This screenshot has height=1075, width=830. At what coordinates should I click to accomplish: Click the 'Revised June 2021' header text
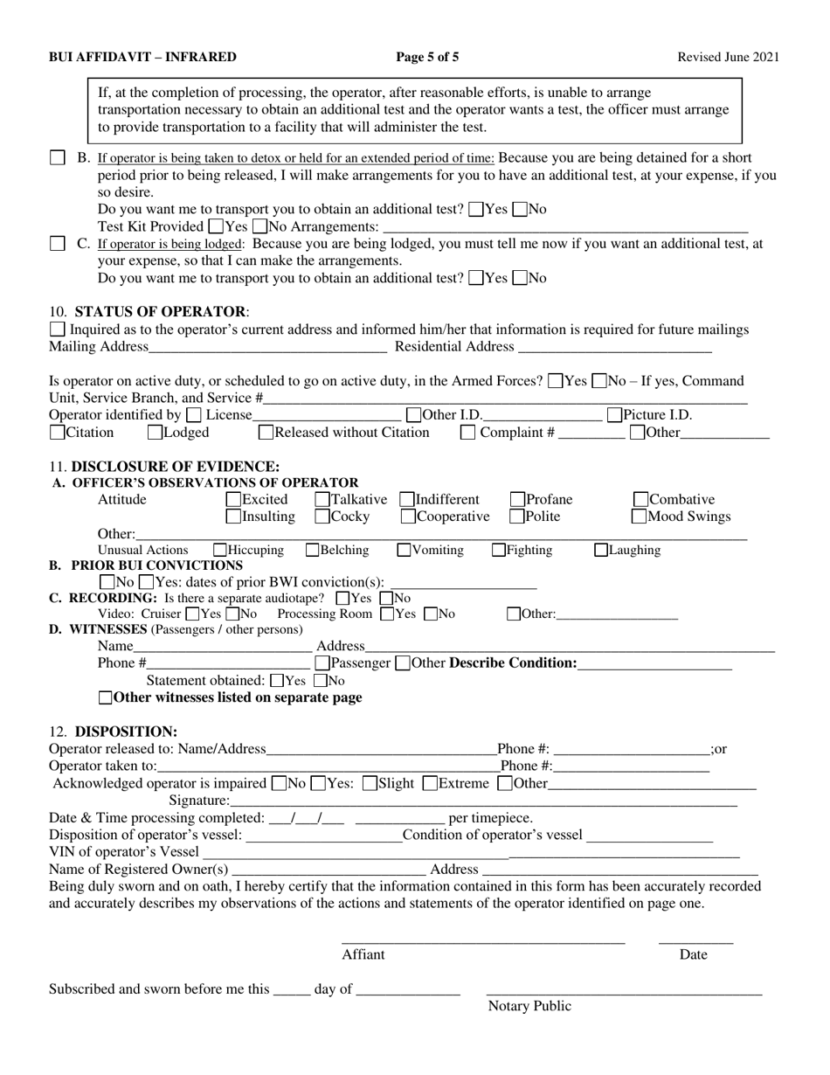[x=729, y=58]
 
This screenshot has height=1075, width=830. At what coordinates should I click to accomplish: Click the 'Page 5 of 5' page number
[x=427, y=58]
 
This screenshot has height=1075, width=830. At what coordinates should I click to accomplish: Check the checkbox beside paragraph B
[x=57, y=158]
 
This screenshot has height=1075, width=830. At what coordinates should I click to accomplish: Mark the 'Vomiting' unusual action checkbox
[x=404, y=551]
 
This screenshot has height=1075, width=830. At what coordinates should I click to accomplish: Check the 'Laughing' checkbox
[x=601, y=551]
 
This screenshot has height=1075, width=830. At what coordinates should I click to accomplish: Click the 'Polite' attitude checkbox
[x=517, y=517]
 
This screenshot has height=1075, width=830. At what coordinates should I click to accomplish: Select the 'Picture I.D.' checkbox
[x=614, y=415]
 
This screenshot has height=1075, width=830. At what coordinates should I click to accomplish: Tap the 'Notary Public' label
[x=529, y=1006]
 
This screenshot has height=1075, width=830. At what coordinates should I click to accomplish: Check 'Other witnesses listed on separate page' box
[x=106, y=698]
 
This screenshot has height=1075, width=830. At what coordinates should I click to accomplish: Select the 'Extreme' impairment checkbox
[x=430, y=783]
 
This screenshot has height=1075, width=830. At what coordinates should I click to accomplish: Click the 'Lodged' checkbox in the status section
[x=155, y=433]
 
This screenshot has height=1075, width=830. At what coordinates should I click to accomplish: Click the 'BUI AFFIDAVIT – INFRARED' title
[x=142, y=58]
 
